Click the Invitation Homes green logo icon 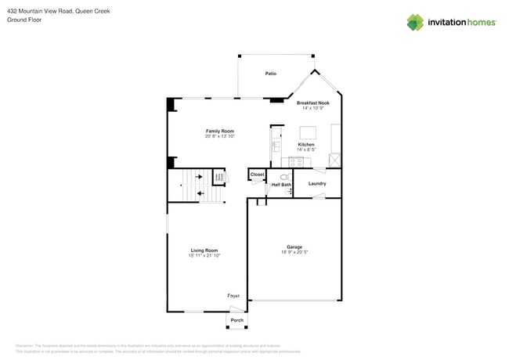point(415,22)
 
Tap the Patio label point(270,74)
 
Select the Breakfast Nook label point(312,103)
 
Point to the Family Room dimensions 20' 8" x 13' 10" point(220,136)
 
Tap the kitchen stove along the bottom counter point(298,161)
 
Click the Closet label point(257,175)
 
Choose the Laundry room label point(317,183)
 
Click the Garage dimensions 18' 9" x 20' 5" point(294,252)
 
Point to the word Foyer point(233,296)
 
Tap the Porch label point(237,320)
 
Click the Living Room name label point(204,250)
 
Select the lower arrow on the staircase point(201,193)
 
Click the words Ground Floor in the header point(24,20)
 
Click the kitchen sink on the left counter point(276,146)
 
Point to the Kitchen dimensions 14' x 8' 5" point(306,149)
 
